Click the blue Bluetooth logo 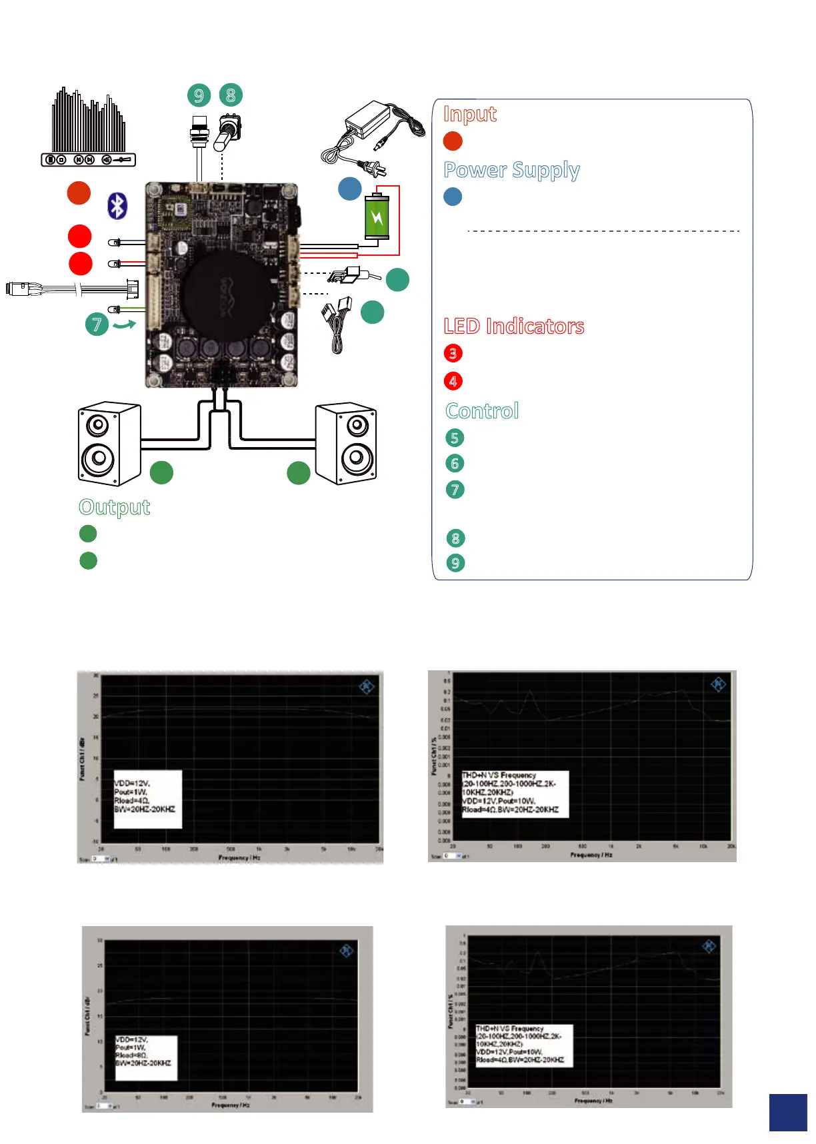[117, 206]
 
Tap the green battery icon [377, 217]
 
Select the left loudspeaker [109, 443]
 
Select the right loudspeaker [346, 443]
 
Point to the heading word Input [470, 114]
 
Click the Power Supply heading [511, 171]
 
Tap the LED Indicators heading [514, 326]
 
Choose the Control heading [482, 411]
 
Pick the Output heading [115, 507]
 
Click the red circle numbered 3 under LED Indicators [453, 353]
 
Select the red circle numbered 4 [453, 381]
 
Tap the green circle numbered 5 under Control [455, 438]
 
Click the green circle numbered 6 [455, 463]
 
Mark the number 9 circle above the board [199, 95]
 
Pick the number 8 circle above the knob [231, 95]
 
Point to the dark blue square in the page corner [788, 1112]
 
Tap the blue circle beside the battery [350, 189]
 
